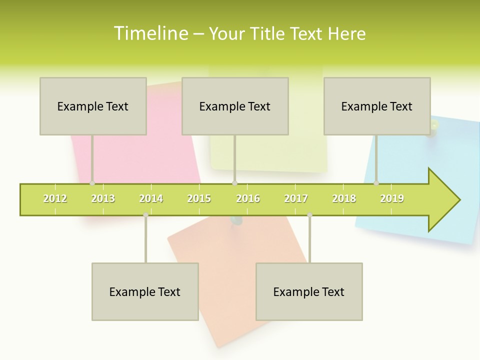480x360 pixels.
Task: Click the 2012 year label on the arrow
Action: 55,198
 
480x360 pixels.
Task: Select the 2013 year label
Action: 103,198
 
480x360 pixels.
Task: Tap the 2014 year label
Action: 151,198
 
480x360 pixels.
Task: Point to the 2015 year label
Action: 199,198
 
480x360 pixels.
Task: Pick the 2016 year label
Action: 248,198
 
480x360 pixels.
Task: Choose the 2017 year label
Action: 296,198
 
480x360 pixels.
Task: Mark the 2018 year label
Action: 344,198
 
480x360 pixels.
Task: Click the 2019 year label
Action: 392,198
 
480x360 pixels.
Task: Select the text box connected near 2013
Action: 93,106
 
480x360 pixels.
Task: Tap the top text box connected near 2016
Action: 235,106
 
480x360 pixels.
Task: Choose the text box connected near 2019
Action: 377,106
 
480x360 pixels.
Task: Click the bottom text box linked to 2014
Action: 145,291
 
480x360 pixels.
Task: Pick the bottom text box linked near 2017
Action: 309,291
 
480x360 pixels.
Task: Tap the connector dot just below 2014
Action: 145,215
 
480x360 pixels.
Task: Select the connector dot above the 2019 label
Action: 376,183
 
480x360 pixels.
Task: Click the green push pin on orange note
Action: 235,220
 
